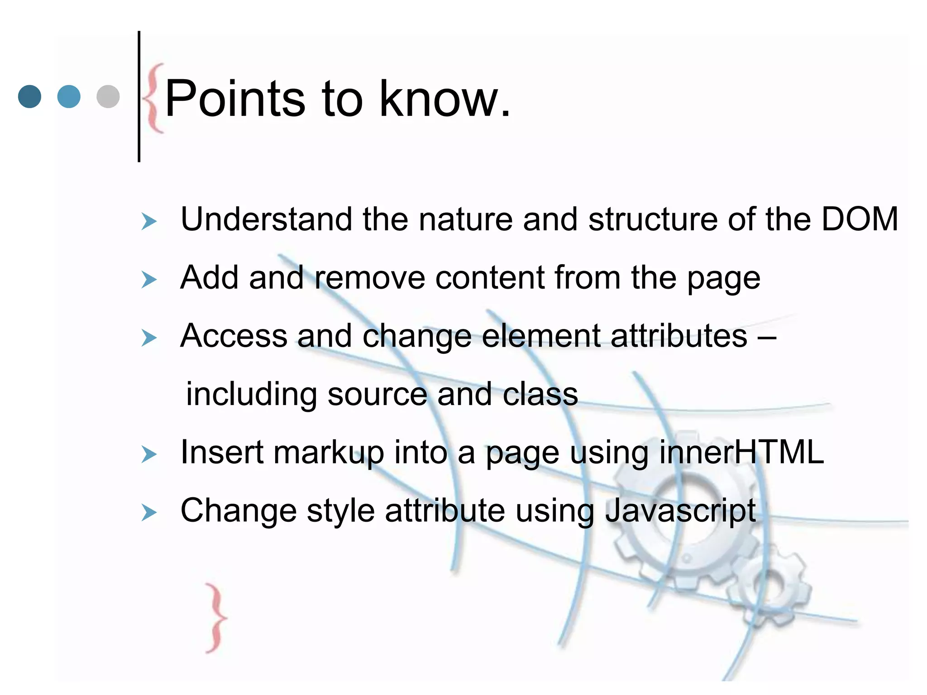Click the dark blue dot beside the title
(29, 96)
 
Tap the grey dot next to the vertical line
(108, 96)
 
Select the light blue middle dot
(69, 96)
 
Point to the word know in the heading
(437, 99)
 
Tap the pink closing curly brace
(216, 618)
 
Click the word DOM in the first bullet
(859, 219)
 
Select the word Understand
(266, 219)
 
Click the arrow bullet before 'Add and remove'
(148, 280)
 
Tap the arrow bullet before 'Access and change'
(148, 338)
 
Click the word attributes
(679, 336)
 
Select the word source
(377, 394)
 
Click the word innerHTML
(741, 452)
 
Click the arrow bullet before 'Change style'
(148, 513)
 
